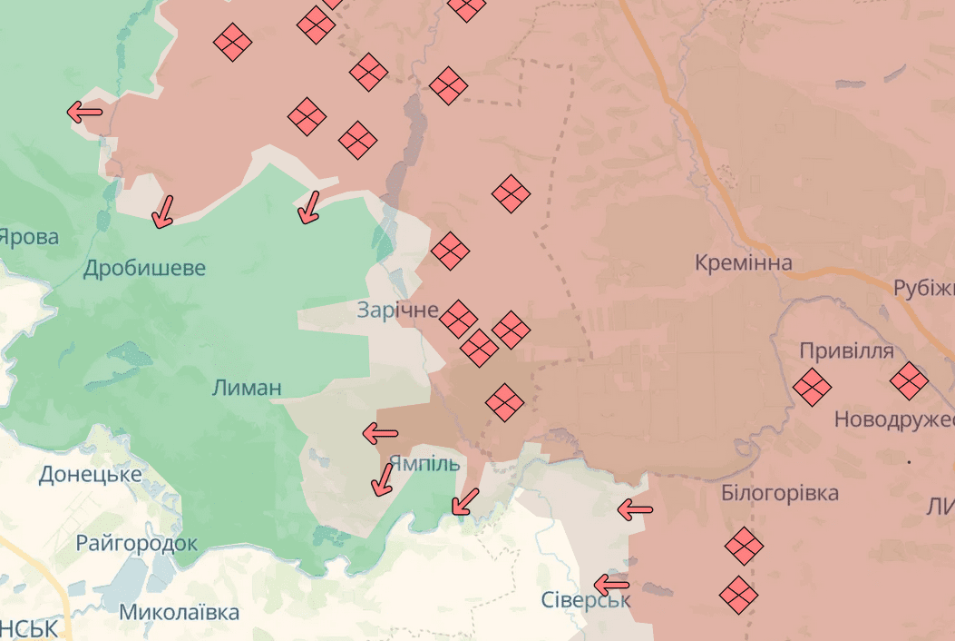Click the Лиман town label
coord(246,388)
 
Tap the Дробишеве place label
coord(144,268)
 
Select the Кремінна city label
coord(744,263)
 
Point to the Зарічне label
coord(397,310)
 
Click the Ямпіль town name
coord(424,463)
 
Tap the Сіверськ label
coord(585,600)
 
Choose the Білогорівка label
coord(780,494)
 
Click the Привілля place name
coord(846,351)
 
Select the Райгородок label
coord(136,544)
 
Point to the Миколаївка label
coord(180,612)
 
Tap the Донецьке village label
coord(90,474)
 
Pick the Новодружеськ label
coord(893,419)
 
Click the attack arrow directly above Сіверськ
coord(611,584)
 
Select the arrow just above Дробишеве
coord(163,212)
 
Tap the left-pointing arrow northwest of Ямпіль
coord(380,434)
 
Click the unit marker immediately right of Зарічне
coord(458,318)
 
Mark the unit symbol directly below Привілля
coord(812,387)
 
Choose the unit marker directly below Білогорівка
coord(744,546)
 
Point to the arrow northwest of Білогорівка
coord(635,509)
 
